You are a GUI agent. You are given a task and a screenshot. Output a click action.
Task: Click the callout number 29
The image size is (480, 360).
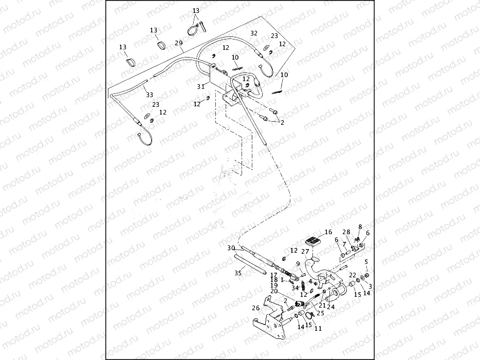(179, 42)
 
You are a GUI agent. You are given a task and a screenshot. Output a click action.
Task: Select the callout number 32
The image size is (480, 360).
(253, 33)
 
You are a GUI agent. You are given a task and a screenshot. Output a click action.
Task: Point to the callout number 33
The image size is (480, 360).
(149, 94)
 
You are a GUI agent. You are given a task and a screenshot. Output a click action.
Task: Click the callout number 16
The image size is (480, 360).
(328, 232)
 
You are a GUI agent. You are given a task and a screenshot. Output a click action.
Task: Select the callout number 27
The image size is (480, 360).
(305, 252)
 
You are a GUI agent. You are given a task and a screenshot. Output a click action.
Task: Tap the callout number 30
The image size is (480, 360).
(231, 248)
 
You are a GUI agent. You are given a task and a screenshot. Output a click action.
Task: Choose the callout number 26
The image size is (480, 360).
(256, 308)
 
